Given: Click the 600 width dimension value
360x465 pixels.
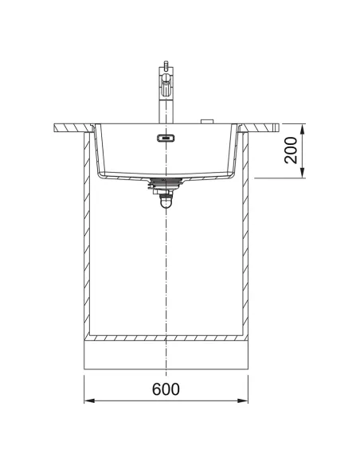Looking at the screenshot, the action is click(166, 389).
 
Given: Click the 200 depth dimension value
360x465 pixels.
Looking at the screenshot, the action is click(291, 150).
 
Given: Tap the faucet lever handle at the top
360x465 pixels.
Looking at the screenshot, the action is click(166, 64).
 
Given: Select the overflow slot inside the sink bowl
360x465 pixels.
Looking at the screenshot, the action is click(166, 138).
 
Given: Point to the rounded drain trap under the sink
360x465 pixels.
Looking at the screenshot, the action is click(166, 203).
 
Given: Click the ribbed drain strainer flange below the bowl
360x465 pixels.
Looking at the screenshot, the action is click(166, 181).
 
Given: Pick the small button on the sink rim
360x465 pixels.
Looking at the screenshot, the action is click(207, 121).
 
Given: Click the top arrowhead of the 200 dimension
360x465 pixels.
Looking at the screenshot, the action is click(302, 129).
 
